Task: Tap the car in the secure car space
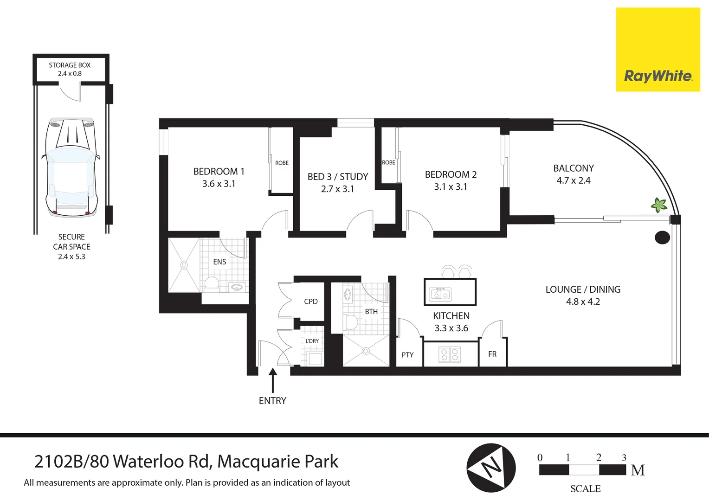71,167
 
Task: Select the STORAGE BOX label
70,65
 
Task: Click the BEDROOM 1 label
219,172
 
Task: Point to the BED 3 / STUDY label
337,177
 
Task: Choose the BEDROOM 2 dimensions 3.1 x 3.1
451,187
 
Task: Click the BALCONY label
573,168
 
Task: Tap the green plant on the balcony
658,205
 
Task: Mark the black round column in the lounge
662,238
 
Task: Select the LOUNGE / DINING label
583,289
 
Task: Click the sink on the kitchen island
440,294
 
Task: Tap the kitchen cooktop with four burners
449,355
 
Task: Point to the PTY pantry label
407,355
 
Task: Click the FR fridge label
492,354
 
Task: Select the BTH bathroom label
371,312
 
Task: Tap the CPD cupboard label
311,302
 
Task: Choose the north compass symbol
490,468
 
